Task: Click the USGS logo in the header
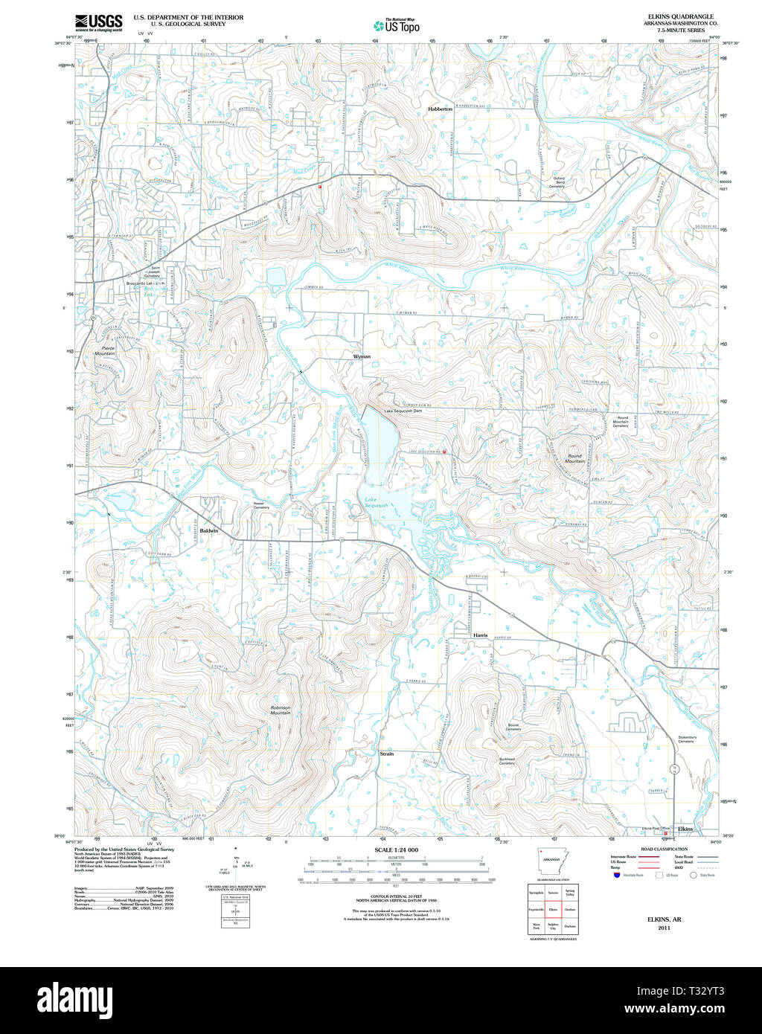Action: [x=98, y=22]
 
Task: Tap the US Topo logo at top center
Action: [x=397, y=25]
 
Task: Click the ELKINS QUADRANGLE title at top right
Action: [x=680, y=16]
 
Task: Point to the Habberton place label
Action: [x=440, y=109]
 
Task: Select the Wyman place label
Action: [x=362, y=357]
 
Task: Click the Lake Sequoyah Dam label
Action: [x=403, y=412]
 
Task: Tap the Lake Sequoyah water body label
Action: [x=376, y=503]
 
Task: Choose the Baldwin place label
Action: [x=209, y=530]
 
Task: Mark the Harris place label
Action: [x=480, y=635]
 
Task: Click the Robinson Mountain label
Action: [x=281, y=710]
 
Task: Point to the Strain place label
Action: [x=386, y=754]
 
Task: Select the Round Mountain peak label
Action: [x=575, y=459]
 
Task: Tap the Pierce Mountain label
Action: [x=104, y=350]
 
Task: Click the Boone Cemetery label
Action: [x=513, y=727]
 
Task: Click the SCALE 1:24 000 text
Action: [x=396, y=850]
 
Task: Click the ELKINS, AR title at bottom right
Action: [x=659, y=919]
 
